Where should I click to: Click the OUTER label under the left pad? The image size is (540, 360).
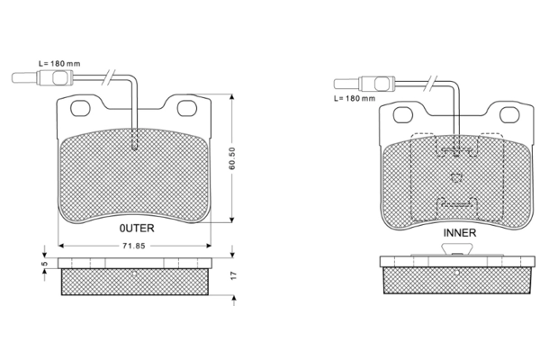tap(137, 228)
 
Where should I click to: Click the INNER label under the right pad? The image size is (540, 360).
tap(459, 233)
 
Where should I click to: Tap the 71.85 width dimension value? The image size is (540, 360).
tap(134, 246)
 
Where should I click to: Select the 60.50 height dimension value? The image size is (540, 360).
tap(232, 158)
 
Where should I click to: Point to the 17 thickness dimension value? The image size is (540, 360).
tap(234, 275)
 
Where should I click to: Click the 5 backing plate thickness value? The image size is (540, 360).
tap(44, 264)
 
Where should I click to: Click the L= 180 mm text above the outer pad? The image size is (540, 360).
tap(59, 64)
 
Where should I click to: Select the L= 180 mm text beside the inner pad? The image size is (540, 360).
tap(355, 98)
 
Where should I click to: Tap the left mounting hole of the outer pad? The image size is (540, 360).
tap(80, 108)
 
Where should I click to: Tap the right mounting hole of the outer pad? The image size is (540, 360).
tap(187, 108)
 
